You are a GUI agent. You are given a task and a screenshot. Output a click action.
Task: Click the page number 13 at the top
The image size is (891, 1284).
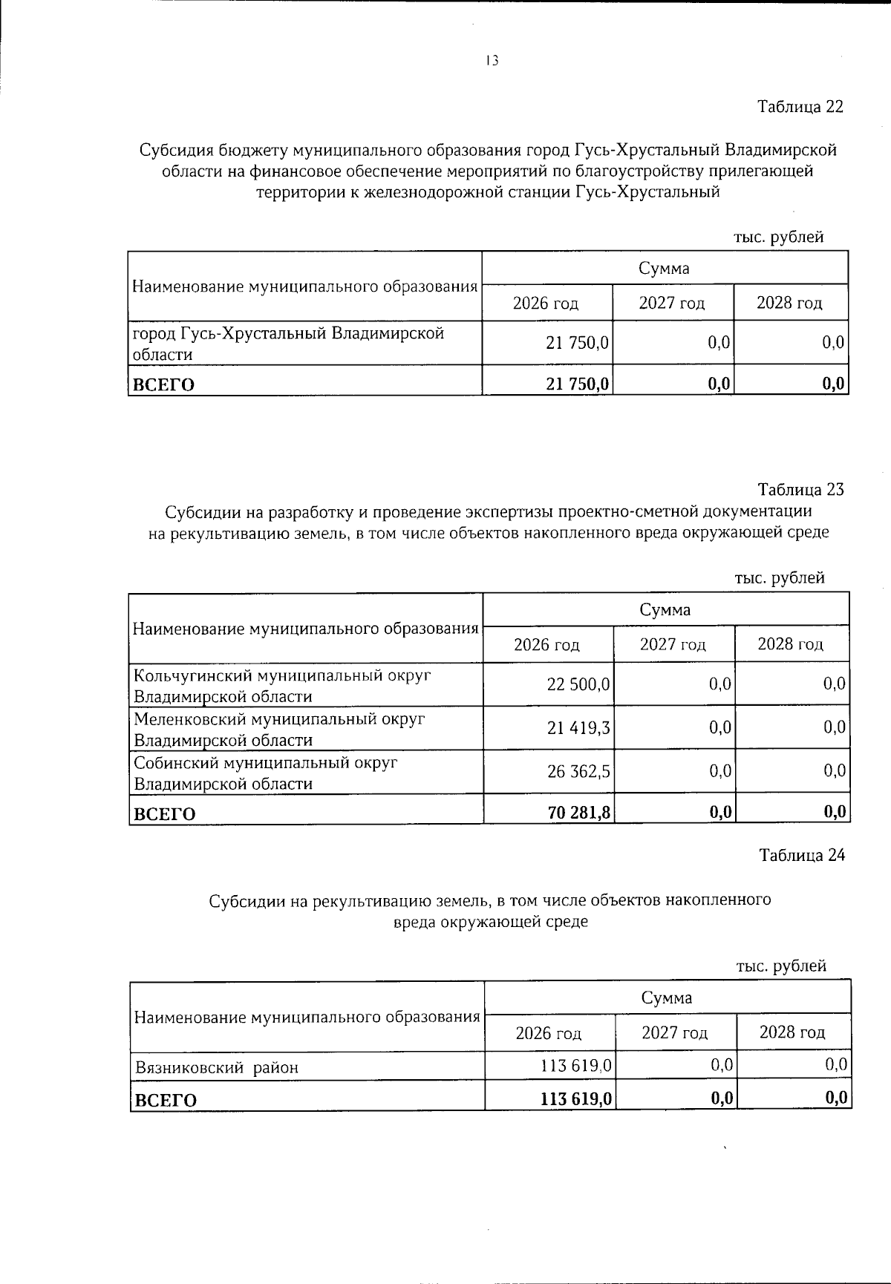tap(492, 62)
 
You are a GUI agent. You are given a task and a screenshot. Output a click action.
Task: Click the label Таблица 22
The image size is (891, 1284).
tap(800, 107)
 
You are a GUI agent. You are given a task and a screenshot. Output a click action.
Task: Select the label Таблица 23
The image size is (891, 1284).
tap(800, 490)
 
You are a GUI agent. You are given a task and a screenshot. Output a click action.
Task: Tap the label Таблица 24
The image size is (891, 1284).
tap(801, 855)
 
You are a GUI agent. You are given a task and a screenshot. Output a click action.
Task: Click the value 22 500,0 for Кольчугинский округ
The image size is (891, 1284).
tap(578, 684)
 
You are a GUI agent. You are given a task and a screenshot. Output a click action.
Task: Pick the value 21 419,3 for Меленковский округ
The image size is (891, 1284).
tap(578, 728)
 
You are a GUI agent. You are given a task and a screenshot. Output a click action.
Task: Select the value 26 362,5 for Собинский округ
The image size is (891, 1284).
tap(578, 772)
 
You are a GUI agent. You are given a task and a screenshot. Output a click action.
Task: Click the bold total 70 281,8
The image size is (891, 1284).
tap(579, 813)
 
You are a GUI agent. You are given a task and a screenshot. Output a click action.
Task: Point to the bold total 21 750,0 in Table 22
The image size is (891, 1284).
tap(578, 384)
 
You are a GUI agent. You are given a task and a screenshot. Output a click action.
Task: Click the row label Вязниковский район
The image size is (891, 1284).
tap(217, 1068)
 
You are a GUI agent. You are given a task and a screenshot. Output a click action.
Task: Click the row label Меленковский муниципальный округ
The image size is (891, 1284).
tap(279, 719)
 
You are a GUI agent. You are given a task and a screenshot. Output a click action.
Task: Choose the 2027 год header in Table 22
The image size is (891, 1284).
tap(672, 303)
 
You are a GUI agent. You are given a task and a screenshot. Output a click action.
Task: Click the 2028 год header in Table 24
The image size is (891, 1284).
tap(792, 1032)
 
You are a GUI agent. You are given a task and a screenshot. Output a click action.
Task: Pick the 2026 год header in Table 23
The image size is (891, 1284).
tap(546, 644)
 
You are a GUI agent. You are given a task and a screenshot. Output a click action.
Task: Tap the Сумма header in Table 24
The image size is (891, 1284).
tap(667, 998)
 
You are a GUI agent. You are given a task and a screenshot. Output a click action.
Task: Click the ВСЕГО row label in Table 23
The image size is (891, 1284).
tap(164, 814)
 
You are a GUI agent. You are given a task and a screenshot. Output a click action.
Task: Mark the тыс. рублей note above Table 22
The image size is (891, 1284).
tap(778, 238)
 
